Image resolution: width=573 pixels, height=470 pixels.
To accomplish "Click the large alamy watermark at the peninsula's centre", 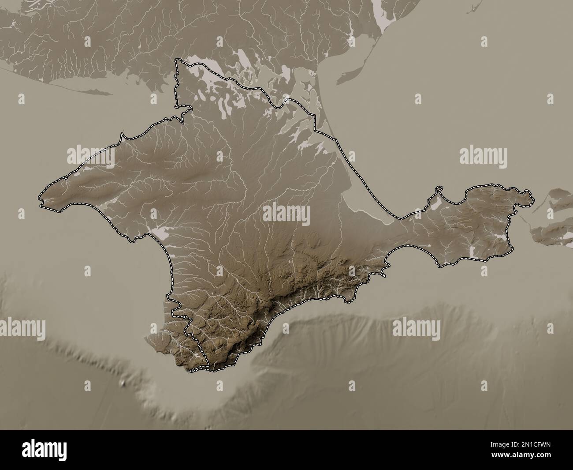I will click(x=286, y=214).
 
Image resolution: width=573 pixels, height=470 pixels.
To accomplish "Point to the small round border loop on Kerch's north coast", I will click(x=439, y=190).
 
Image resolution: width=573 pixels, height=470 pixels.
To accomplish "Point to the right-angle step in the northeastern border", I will click(x=315, y=129).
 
